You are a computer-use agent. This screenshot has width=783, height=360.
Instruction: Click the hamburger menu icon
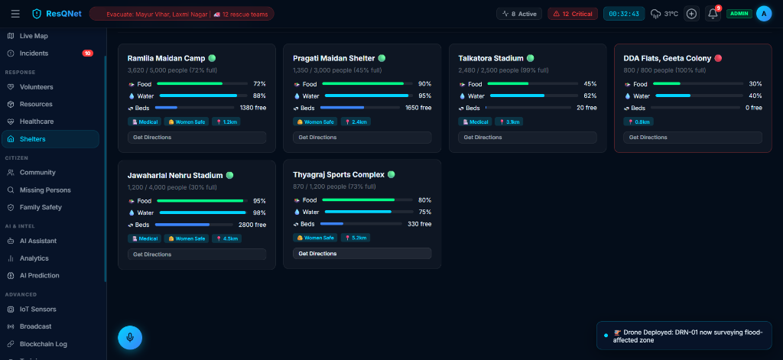tap(15, 14)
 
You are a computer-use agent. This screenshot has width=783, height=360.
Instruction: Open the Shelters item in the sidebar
tap(50, 139)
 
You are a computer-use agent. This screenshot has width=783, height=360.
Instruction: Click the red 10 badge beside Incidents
tap(87, 54)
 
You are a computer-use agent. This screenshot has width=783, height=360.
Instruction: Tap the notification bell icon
tap(713, 14)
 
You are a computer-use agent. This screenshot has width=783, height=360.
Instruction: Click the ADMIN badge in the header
tap(739, 14)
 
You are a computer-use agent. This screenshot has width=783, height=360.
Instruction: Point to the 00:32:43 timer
tap(624, 14)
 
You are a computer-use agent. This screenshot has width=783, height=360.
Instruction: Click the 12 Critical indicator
tap(573, 14)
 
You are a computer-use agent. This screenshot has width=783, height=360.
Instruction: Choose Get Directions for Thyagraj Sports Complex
tap(362, 254)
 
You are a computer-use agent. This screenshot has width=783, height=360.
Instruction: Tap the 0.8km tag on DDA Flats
tap(638, 122)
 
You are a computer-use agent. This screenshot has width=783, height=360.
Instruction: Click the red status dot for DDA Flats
tap(718, 58)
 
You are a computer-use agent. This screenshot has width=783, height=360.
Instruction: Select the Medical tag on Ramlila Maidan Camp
tap(145, 122)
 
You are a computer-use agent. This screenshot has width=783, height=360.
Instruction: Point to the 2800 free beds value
tap(252, 225)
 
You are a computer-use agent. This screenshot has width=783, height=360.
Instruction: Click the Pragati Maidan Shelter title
tap(333, 58)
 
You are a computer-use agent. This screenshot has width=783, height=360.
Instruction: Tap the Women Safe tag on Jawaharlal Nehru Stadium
tap(187, 238)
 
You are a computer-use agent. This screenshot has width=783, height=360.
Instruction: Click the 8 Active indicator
tap(519, 14)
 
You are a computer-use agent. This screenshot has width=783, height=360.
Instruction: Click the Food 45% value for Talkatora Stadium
tap(590, 84)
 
